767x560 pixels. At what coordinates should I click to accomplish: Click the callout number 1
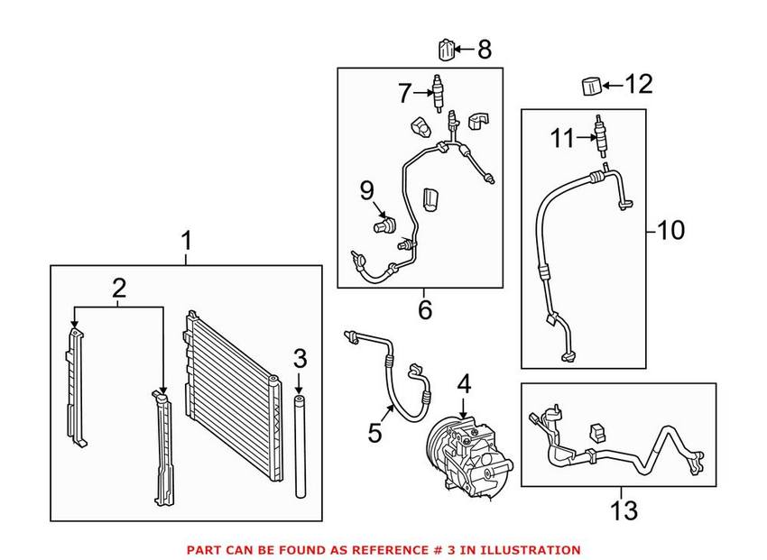pyautogui.click(x=186, y=242)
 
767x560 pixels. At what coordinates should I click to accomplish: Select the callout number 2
pyautogui.click(x=118, y=289)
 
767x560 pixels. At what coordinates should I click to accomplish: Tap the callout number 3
pyautogui.click(x=300, y=357)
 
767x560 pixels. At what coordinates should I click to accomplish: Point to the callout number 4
pyautogui.click(x=464, y=384)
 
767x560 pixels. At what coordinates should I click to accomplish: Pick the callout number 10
pyautogui.click(x=670, y=231)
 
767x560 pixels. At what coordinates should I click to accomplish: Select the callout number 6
pyautogui.click(x=424, y=310)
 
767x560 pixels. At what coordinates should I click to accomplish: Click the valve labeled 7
pyautogui.click(x=439, y=93)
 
